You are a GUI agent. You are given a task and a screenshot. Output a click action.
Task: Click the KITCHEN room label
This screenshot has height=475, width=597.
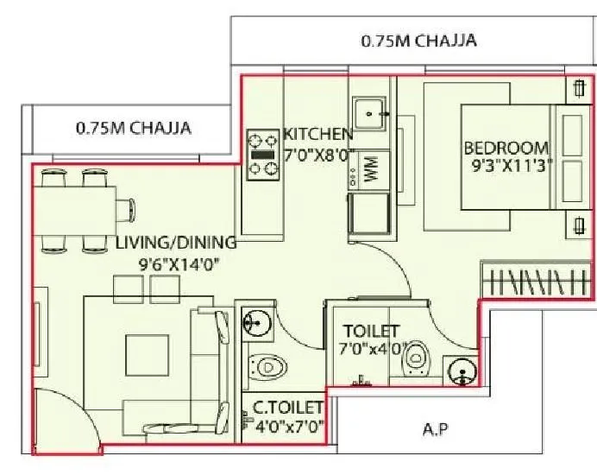[x=317, y=134]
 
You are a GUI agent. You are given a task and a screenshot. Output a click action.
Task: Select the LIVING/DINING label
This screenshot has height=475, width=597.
[x=176, y=243]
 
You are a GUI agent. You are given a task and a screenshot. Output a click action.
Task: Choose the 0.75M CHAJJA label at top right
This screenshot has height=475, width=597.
[x=418, y=41]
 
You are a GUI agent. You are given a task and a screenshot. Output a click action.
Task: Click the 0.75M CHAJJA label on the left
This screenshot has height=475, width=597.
[x=133, y=129]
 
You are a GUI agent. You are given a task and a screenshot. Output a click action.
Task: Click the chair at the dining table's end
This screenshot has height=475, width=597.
[x=128, y=208]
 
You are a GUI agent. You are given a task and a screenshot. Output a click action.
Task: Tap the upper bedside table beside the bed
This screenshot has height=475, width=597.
[x=576, y=89]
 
